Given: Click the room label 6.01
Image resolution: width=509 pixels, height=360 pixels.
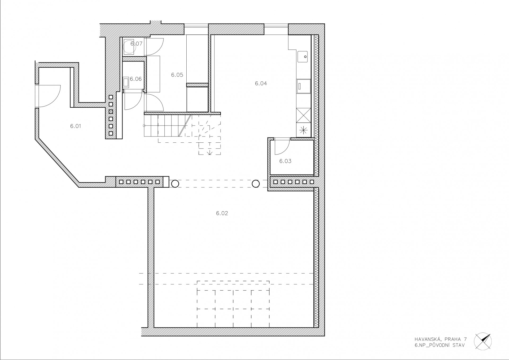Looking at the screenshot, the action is (x=76, y=126).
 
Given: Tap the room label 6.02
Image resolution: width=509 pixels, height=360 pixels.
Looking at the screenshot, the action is (x=222, y=213).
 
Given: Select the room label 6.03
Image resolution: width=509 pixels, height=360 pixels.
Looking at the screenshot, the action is (x=285, y=161).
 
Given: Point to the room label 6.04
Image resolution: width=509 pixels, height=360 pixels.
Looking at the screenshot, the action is (x=261, y=84).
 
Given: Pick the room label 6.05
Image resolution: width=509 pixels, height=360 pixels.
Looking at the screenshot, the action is (x=177, y=75).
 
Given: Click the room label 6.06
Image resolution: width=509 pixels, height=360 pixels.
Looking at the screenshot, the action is (x=136, y=79).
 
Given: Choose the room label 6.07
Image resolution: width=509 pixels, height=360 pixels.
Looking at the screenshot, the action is (x=137, y=44).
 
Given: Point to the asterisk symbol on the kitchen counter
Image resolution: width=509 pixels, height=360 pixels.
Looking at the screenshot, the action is (x=304, y=130).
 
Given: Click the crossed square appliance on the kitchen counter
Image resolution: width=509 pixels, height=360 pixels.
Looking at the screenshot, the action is (x=304, y=115).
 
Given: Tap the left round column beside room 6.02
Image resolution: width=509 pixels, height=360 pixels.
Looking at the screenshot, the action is (x=175, y=183).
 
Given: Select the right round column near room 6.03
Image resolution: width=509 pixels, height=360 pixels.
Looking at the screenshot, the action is (x=256, y=183).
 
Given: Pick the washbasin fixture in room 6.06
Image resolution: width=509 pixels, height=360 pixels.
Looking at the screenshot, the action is (x=126, y=82).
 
